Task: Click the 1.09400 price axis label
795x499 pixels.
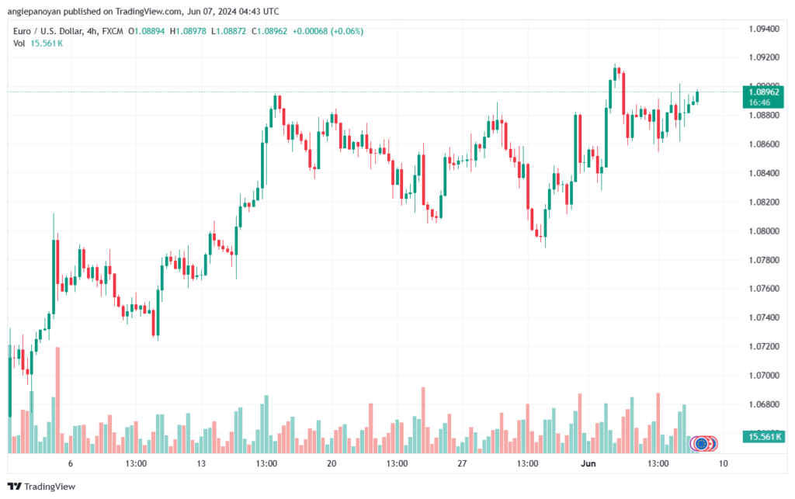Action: point(763,29)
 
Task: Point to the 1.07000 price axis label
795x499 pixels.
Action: point(763,376)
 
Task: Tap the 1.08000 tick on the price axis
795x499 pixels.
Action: point(763,231)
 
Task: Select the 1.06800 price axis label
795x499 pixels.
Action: point(763,404)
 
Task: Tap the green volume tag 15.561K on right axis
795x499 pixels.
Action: point(763,438)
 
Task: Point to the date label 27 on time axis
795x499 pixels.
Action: point(462,464)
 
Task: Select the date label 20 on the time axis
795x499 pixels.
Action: point(332,464)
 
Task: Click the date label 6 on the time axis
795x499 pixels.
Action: point(71,464)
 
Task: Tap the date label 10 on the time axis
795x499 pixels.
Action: point(723,464)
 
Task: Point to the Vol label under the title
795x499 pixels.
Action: point(19,43)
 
